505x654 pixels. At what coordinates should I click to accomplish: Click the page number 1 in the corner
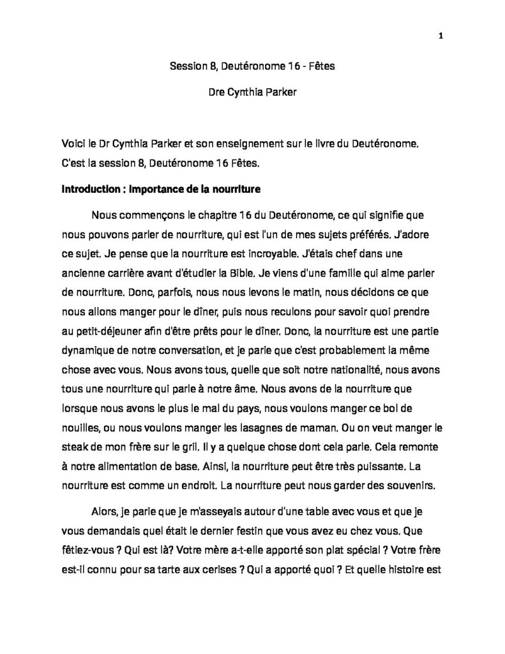(441, 36)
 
